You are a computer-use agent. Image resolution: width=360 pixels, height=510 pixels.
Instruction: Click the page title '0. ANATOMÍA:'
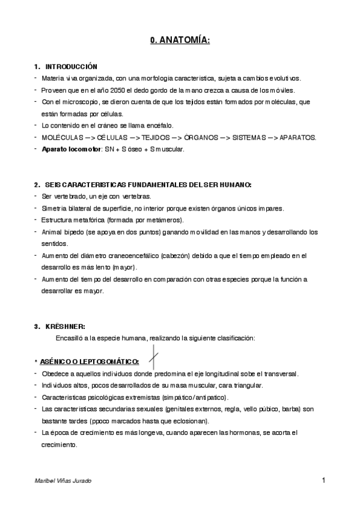[180, 41]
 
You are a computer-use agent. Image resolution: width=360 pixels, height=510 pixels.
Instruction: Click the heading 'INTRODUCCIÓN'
[71, 66]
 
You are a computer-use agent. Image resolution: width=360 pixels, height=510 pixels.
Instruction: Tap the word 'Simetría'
[55, 208]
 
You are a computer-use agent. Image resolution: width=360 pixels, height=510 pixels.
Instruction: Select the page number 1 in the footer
[323, 480]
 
